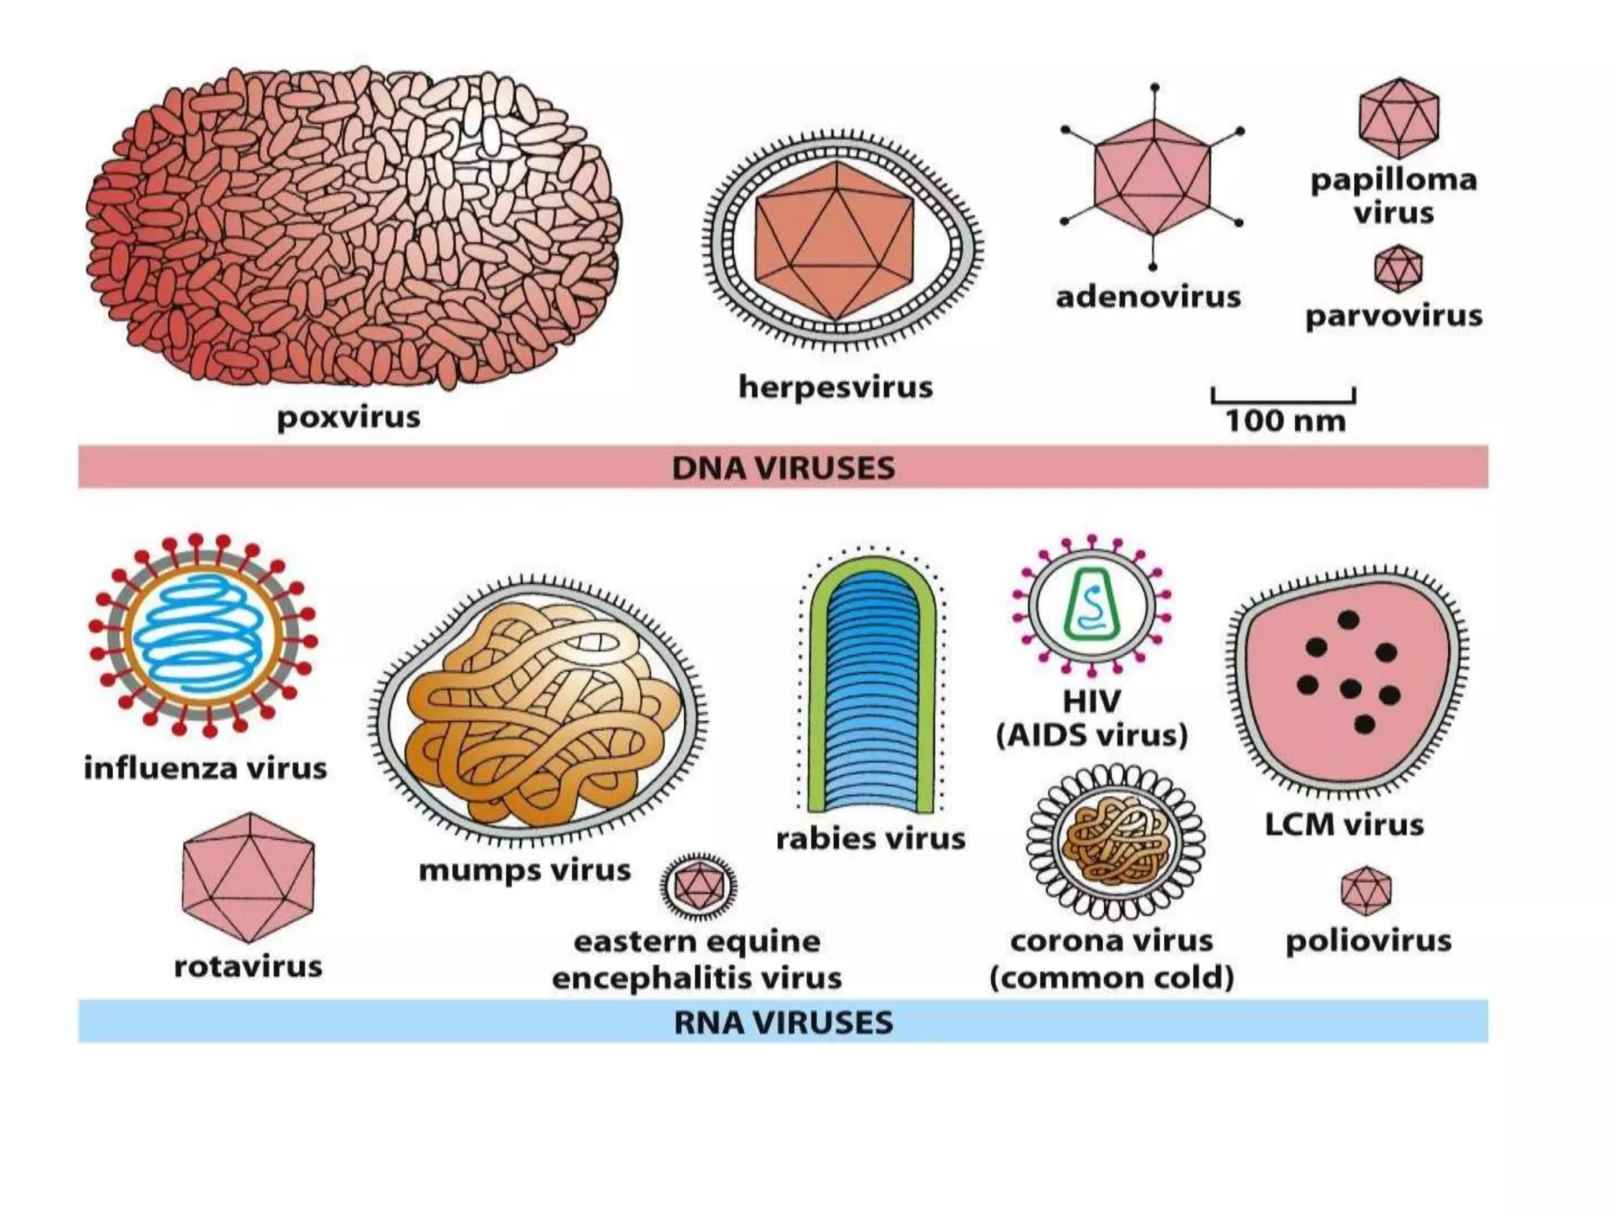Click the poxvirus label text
(x=348, y=417)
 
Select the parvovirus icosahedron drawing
(x=1398, y=268)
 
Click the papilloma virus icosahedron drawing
(x=1398, y=118)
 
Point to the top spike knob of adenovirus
(x=1154, y=87)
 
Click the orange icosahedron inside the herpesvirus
(x=834, y=241)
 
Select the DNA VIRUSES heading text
(x=784, y=468)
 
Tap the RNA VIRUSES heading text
(x=784, y=1023)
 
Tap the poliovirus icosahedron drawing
(x=1366, y=889)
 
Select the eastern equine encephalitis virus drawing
(x=698, y=886)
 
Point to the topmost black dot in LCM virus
(x=1349, y=620)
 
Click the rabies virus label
(x=870, y=839)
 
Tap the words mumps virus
(x=525, y=870)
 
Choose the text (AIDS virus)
(x=1092, y=735)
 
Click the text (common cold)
(x=1111, y=978)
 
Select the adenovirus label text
(x=1148, y=297)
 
